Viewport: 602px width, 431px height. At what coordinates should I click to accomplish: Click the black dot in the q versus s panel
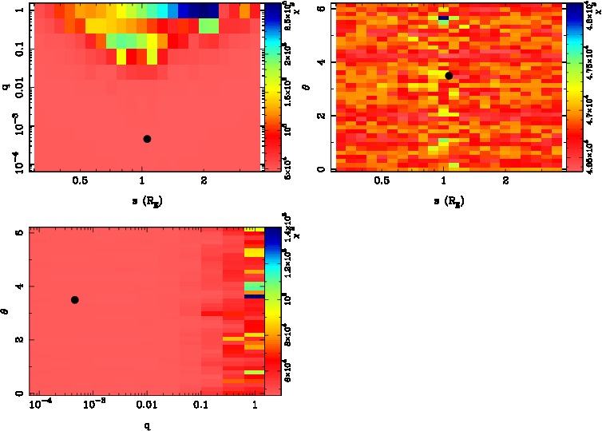pos(147,139)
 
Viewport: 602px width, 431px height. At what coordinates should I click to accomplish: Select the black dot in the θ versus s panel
pos(449,76)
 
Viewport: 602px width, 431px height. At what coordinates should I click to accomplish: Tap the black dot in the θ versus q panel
pos(75,299)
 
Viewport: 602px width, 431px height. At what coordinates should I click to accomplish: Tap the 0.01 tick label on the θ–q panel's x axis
pos(146,407)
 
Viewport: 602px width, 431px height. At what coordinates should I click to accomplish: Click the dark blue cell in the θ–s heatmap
pos(442,17)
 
